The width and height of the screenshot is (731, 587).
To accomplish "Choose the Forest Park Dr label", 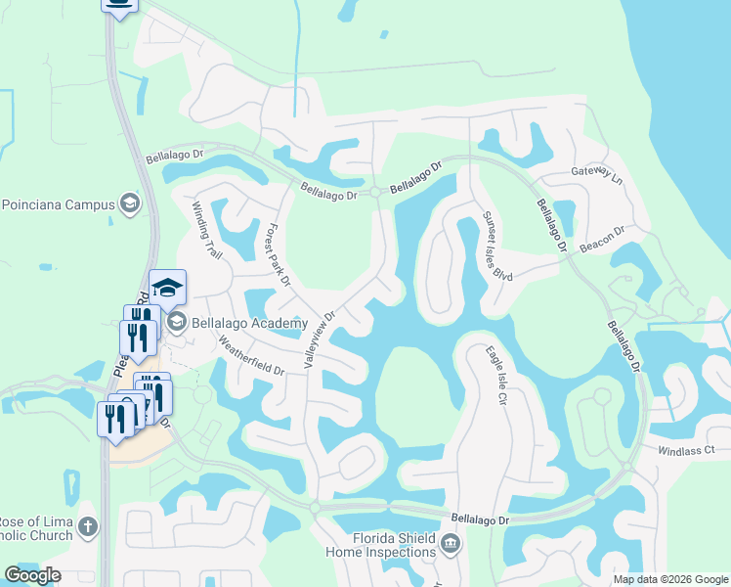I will pyautogui.click(x=278, y=253).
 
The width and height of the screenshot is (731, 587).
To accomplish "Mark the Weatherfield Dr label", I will pyautogui.click(x=251, y=357).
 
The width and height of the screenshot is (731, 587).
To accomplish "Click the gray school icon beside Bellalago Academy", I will pyautogui.click(x=177, y=322).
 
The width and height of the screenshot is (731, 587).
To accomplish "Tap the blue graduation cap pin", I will pyautogui.click(x=168, y=288).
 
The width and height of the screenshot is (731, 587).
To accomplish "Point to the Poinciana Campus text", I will pyautogui.click(x=57, y=204).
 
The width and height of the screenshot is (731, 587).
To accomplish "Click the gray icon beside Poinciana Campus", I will pyautogui.click(x=128, y=204).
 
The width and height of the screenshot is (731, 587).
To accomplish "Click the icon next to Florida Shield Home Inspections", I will pyautogui.click(x=450, y=544).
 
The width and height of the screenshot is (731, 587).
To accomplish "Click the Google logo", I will pyautogui.click(x=32, y=575).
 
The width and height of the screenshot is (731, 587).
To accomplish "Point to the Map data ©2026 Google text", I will pyautogui.click(x=669, y=579).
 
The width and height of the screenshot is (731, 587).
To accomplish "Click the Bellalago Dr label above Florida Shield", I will pyautogui.click(x=481, y=519).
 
